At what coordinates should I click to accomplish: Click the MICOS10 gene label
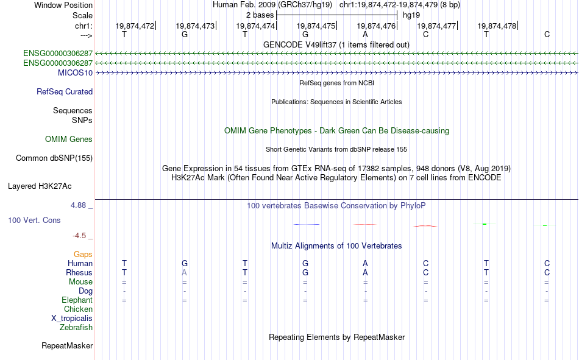[75, 72]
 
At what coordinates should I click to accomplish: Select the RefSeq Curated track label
[65, 91]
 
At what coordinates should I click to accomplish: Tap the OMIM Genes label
[69, 139]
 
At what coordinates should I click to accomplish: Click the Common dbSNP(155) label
[54, 158]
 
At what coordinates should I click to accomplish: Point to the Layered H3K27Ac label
[40, 186]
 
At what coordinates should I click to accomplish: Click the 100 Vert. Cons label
[34, 220]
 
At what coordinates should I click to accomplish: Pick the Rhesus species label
[79, 272]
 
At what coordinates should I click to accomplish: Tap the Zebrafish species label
[76, 328]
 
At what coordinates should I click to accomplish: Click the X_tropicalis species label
[72, 319]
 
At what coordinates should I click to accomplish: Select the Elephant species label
[77, 300]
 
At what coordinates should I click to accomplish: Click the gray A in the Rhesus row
[184, 272]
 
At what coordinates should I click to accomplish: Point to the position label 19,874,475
[316, 26]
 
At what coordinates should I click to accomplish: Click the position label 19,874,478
[497, 26]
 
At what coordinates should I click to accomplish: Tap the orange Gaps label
[83, 255]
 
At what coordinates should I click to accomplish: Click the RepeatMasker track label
[67, 345]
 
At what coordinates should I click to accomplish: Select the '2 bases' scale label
[260, 15]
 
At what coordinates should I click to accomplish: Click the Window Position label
[63, 5]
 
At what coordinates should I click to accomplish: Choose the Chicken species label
[78, 309]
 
